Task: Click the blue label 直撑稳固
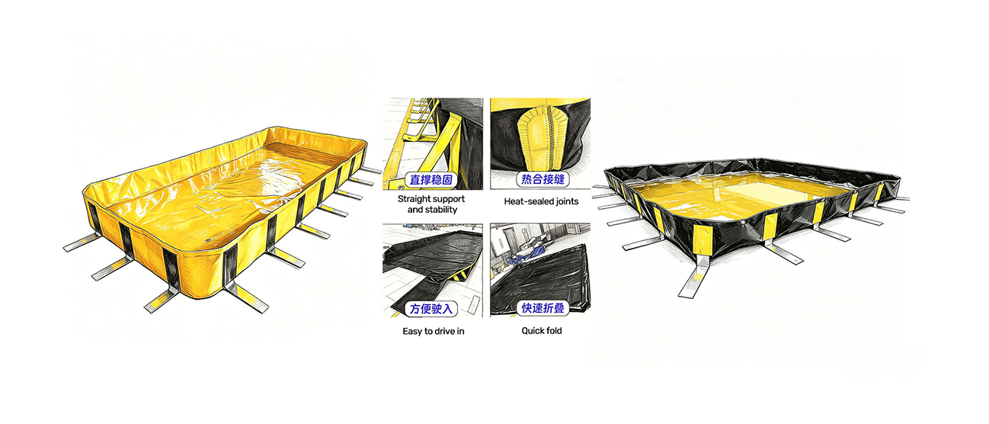[431, 180]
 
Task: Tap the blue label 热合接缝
[543, 179]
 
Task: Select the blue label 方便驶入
[431, 309]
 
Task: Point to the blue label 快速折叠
[543, 308]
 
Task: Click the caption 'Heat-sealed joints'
[541, 201]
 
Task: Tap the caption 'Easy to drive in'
[433, 331]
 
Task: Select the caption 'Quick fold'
[541, 331]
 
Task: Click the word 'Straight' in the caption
[414, 199]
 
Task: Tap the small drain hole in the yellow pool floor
[209, 241]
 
